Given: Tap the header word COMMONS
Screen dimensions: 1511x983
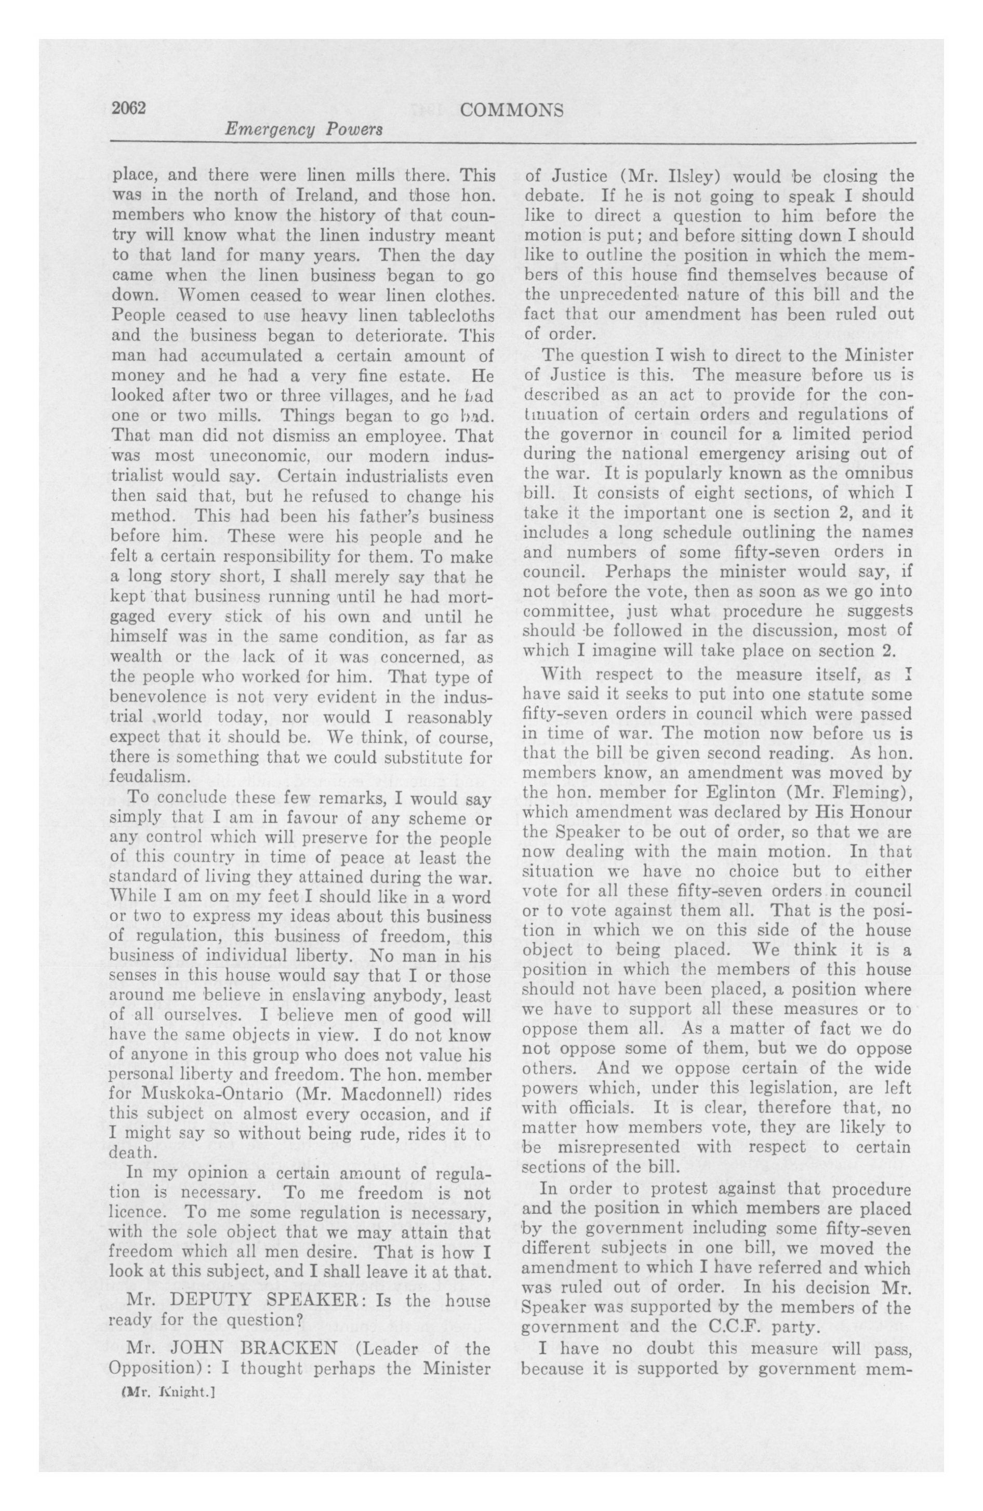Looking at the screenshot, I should pos(511,111).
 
